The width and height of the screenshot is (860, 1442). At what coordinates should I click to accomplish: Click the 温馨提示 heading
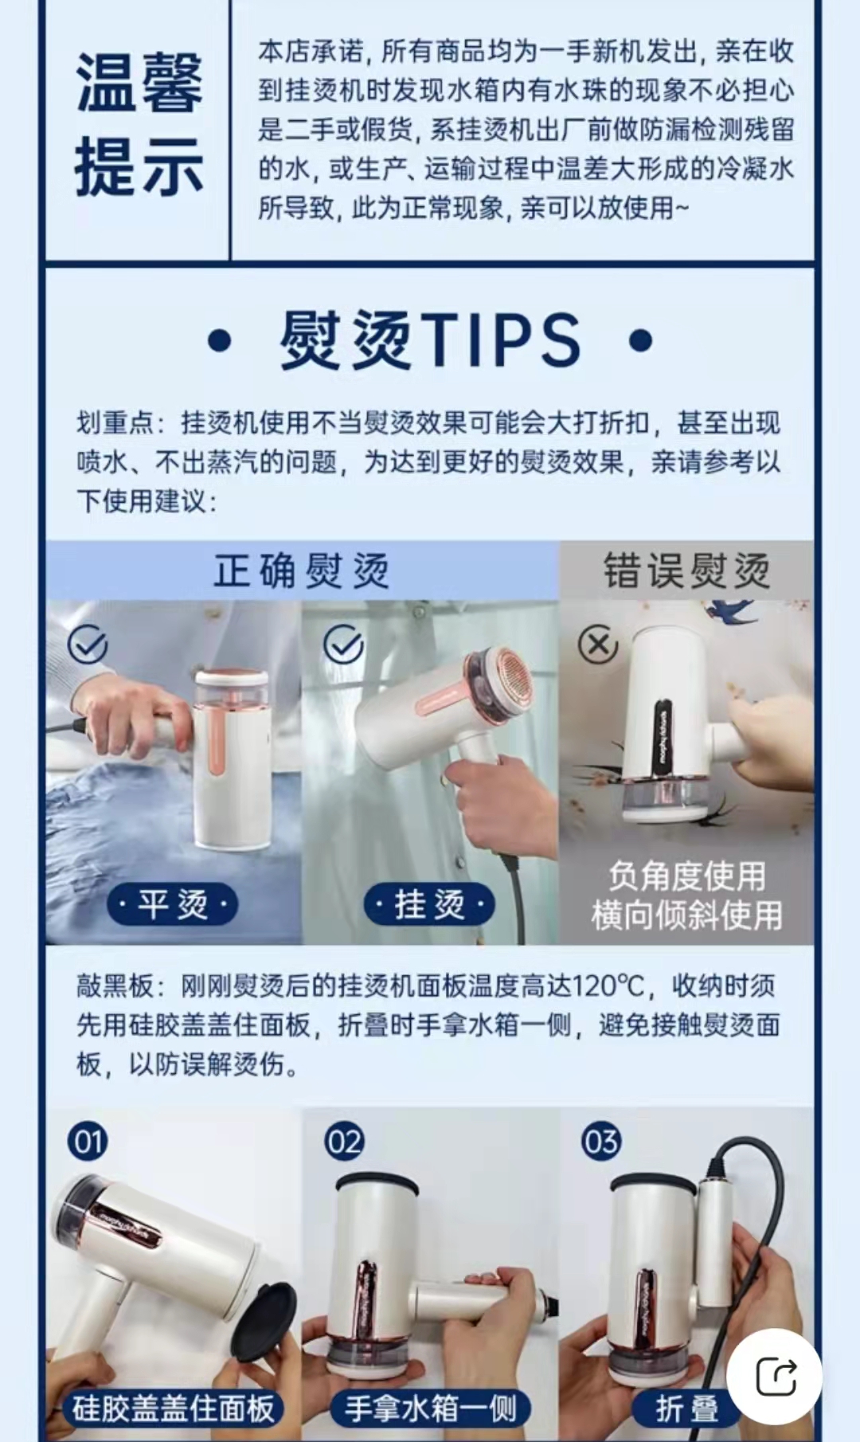[139, 125]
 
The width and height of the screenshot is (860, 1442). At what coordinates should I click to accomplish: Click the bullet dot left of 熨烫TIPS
[219, 341]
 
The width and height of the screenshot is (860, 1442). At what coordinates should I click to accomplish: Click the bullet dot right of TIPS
[640, 340]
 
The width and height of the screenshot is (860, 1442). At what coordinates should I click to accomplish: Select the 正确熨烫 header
[301, 571]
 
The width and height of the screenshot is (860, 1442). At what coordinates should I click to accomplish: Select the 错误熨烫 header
[686, 571]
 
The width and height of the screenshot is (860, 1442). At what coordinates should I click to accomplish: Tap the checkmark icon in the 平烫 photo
[88, 645]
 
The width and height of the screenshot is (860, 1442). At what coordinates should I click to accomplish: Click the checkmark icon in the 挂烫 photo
[343, 645]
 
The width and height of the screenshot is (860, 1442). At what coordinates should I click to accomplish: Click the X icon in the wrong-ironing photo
[598, 645]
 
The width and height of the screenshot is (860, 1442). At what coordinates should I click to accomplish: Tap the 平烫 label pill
[173, 904]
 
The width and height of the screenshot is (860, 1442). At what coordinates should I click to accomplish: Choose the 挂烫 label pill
[429, 904]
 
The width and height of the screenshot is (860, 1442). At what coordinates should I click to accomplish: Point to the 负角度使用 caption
[686, 876]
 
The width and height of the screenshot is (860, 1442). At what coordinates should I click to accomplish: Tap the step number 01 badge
[88, 1142]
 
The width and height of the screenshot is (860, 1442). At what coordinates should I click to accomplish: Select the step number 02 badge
[344, 1142]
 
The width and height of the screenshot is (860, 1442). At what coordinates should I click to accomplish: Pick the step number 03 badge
[600, 1142]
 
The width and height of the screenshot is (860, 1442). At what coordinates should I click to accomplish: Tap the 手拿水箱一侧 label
[430, 1408]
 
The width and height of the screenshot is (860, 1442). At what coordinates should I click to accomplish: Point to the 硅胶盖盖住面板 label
[173, 1408]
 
